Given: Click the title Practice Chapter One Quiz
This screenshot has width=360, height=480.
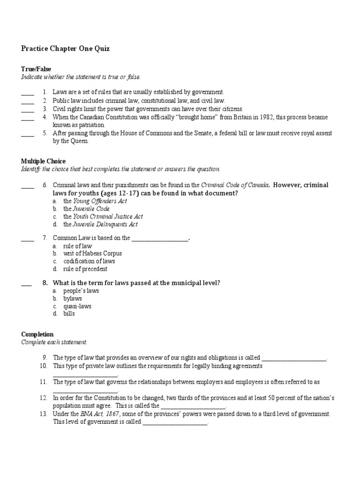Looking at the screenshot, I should coord(65,49).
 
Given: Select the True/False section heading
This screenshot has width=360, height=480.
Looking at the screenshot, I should coord(36,69).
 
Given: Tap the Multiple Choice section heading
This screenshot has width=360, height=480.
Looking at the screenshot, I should coord(43,161).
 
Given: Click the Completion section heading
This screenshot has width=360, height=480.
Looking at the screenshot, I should coord(37,334).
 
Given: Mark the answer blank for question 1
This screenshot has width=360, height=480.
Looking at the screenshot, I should coord(28,93).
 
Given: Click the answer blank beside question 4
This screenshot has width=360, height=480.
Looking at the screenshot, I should coord(28,118).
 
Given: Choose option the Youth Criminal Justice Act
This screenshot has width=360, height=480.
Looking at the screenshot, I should coord(103,217).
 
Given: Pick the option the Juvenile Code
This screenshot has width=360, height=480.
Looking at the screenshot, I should coord(87,209).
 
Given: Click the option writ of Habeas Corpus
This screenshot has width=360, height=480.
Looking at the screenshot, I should coord(92,254).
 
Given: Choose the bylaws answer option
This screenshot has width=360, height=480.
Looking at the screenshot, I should coord(73,299).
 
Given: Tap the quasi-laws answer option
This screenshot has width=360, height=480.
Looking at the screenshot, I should coord(77,306).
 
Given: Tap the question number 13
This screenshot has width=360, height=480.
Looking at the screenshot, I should coord(44,414).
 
